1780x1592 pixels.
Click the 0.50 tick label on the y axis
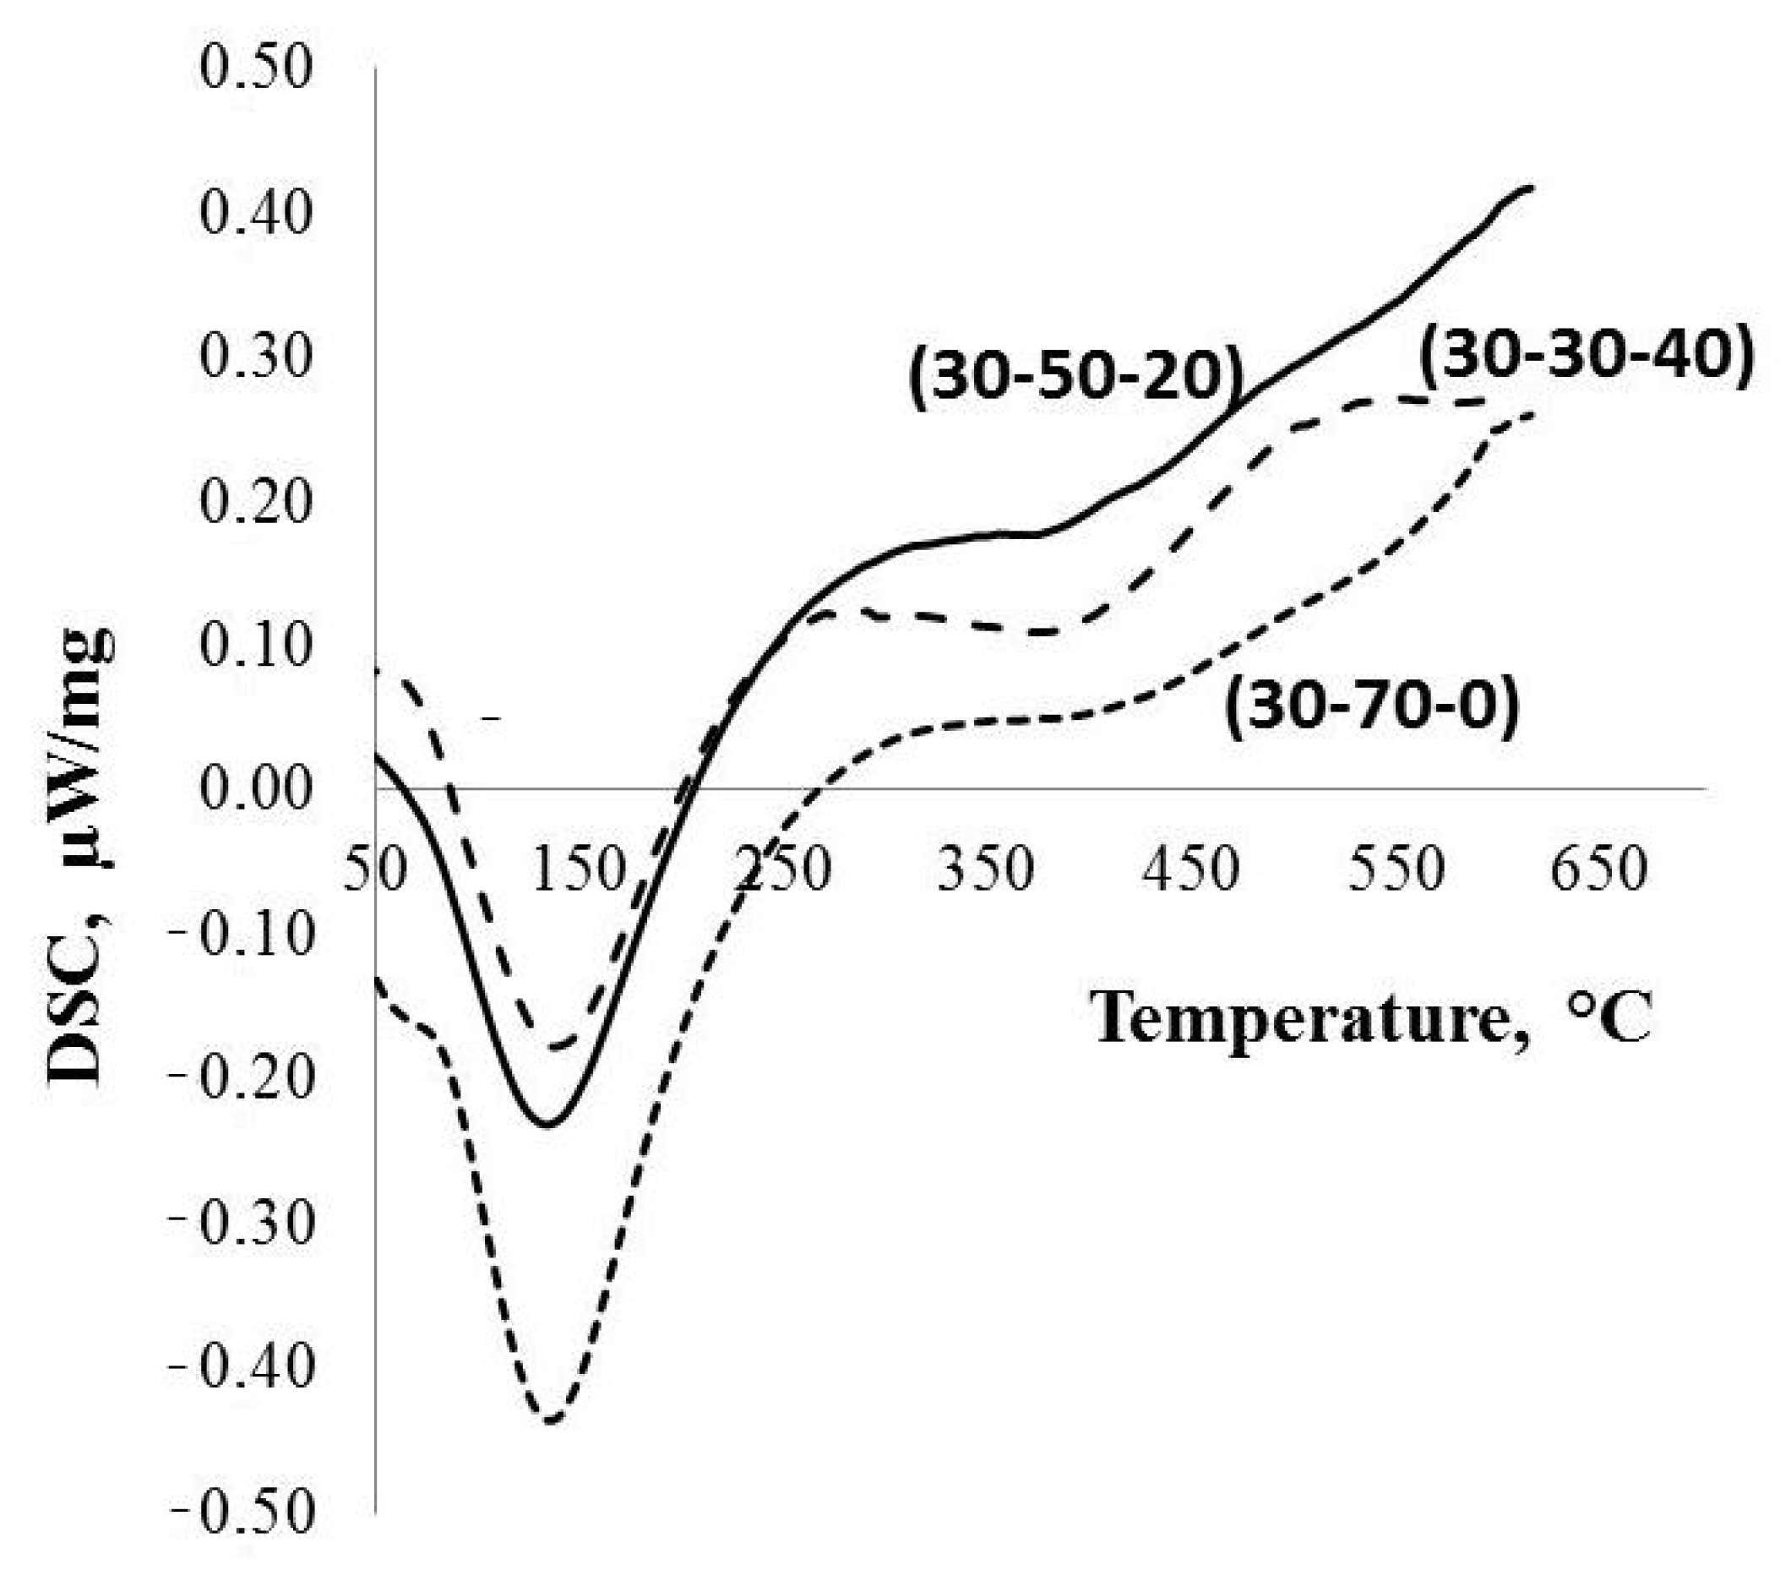click(254, 69)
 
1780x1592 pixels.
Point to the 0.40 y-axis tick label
click(254, 214)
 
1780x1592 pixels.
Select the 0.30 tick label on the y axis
click(254, 357)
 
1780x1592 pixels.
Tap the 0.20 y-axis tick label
click(254, 502)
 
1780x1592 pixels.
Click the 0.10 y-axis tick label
click(254, 646)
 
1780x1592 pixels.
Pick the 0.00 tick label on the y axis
click(254, 789)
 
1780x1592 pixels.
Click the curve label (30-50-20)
click(1076, 379)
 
